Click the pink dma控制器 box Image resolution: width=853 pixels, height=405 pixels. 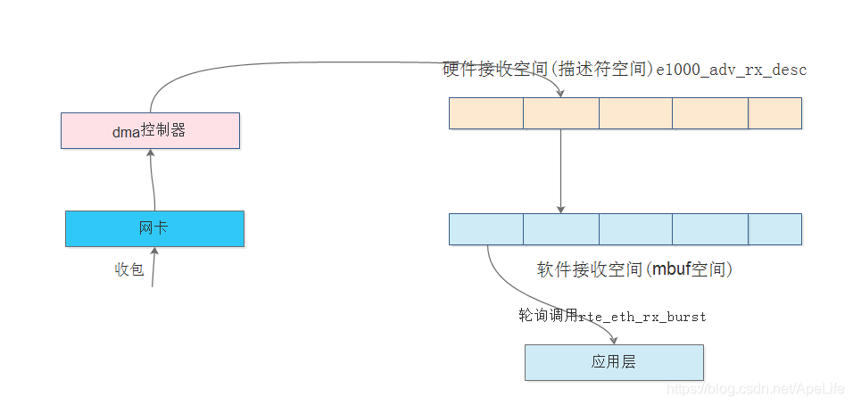click(x=150, y=130)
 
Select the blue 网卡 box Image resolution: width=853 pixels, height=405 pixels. click(x=154, y=228)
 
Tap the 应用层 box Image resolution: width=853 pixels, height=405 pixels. click(x=614, y=362)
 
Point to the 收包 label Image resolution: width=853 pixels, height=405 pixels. click(x=129, y=269)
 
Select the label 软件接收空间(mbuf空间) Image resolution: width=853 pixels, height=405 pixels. click(x=634, y=269)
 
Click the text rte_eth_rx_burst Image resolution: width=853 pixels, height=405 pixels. click(x=642, y=317)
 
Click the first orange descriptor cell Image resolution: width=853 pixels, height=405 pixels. click(x=485, y=113)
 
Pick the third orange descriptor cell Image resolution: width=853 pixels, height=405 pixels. click(x=635, y=113)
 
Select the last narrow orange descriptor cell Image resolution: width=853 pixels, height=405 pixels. click(x=774, y=113)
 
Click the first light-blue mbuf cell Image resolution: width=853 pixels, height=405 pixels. click(x=485, y=229)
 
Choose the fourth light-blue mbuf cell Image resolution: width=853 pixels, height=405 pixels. click(x=710, y=229)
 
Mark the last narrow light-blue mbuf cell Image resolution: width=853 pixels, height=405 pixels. click(x=774, y=229)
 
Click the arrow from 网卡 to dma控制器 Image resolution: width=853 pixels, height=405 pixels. click(x=153, y=178)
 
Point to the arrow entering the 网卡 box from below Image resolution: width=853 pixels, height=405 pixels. click(x=154, y=267)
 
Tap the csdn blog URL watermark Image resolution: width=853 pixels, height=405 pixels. click(x=757, y=390)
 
